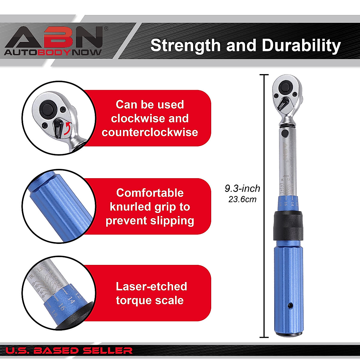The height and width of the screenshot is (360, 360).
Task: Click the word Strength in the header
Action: click(x=185, y=45)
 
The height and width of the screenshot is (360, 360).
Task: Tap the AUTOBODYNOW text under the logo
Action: click(x=53, y=52)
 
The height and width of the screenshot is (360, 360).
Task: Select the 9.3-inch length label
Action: click(x=242, y=188)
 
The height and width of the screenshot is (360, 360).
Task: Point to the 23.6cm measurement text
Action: click(x=242, y=199)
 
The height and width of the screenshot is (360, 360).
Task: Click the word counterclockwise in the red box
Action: click(x=150, y=132)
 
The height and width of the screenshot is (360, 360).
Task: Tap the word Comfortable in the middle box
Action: click(x=150, y=193)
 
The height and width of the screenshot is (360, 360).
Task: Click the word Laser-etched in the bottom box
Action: click(x=151, y=286)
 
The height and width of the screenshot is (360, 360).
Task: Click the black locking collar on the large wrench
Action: click(x=288, y=225)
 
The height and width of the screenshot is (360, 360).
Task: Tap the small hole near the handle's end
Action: click(x=290, y=305)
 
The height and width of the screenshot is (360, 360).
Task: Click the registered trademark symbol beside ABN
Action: click(x=106, y=29)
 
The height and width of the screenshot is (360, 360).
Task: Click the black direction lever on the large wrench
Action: click(x=284, y=103)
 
